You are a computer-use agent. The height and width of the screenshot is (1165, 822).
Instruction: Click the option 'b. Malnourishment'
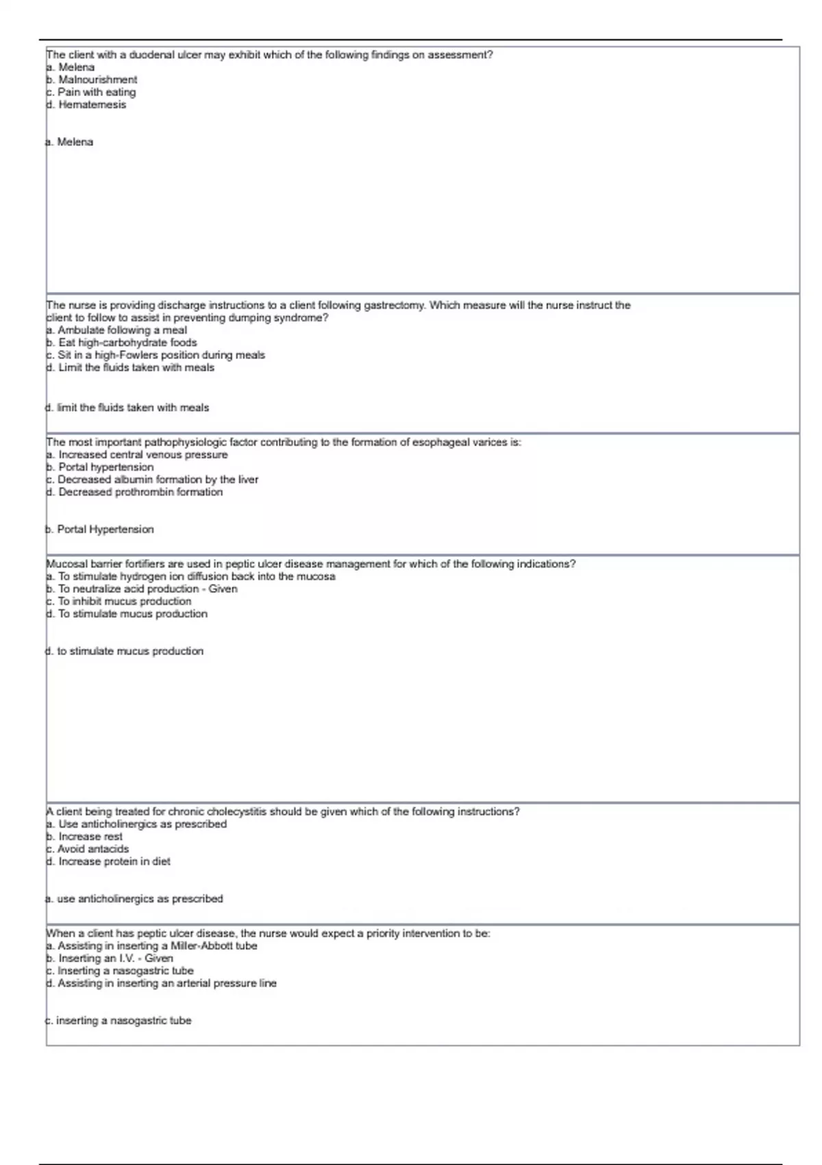coord(91,79)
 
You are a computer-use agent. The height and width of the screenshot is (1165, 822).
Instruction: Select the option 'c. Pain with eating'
coord(90,92)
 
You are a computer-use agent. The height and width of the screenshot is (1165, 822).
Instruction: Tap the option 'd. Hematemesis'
coord(86,105)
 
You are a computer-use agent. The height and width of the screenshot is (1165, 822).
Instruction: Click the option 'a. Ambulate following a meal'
coord(116,330)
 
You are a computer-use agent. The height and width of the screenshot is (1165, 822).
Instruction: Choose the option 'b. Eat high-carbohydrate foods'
coord(121,343)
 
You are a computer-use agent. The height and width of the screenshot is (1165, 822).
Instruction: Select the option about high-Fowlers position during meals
coord(155,355)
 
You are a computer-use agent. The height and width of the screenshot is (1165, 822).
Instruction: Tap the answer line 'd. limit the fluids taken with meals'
coord(127,408)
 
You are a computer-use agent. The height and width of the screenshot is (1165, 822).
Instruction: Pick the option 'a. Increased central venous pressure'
coord(137,455)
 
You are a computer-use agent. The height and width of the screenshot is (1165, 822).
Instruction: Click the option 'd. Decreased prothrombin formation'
coord(134,492)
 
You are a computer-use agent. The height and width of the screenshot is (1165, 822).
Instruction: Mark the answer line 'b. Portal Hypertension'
coord(100,530)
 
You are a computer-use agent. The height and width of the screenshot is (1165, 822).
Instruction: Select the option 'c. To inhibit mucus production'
coord(119,602)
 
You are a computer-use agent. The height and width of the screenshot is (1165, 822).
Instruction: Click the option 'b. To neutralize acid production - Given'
coord(142,589)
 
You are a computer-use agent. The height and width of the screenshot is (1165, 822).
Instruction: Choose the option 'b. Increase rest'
coord(84,837)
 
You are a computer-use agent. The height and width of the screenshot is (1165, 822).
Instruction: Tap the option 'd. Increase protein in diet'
coord(108,861)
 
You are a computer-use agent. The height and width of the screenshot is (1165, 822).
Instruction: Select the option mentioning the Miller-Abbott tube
coord(151,946)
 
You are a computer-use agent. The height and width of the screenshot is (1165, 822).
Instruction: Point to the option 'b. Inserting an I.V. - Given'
coord(110,959)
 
